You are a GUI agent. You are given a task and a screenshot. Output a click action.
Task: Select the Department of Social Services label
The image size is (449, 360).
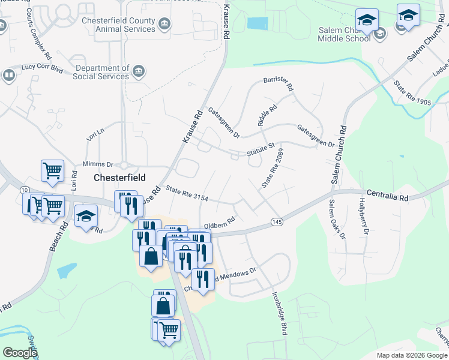(101, 73)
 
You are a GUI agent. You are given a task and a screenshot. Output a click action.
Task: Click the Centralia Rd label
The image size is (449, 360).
(388, 196)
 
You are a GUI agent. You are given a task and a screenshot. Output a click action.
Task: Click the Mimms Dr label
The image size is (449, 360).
(98, 164)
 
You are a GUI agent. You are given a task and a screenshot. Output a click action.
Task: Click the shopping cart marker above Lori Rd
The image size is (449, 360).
(52, 170)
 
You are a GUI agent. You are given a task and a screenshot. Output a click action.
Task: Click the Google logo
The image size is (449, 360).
(20, 353)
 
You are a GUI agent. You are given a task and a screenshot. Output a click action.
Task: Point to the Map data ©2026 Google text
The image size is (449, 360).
(411, 355)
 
